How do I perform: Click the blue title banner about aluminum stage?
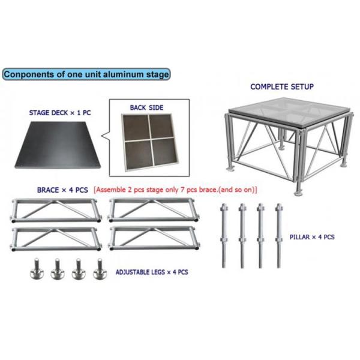pyautogui.click(x=86, y=74)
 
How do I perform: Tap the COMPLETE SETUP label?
pyautogui.click(x=282, y=87)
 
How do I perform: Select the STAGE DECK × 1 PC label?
pyautogui.click(x=60, y=113)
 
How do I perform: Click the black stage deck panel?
pyautogui.click(x=58, y=145)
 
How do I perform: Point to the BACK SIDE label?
pyautogui.click(x=147, y=107)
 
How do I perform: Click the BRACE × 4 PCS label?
pyautogui.click(x=62, y=190)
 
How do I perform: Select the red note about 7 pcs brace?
pyautogui.click(x=175, y=190)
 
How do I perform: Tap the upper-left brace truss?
pyautogui.click(x=56, y=211)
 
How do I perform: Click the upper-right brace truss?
pyautogui.click(x=154, y=210)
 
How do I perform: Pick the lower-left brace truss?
pyautogui.click(x=56, y=239)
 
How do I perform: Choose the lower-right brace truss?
pyautogui.click(x=154, y=238)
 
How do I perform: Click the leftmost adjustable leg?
pyautogui.click(x=37, y=269)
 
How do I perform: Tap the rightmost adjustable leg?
pyautogui.click(x=100, y=269)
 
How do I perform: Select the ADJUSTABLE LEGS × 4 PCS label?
pyautogui.click(x=152, y=272)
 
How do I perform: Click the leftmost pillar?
pyautogui.click(x=224, y=236)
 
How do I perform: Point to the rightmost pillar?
pyautogui.click(x=279, y=236)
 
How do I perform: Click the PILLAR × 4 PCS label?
pyautogui.click(x=312, y=237)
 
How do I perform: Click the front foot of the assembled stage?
pyautogui.click(x=299, y=193)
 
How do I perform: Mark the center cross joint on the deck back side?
pyautogui.click(x=150, y=139)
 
